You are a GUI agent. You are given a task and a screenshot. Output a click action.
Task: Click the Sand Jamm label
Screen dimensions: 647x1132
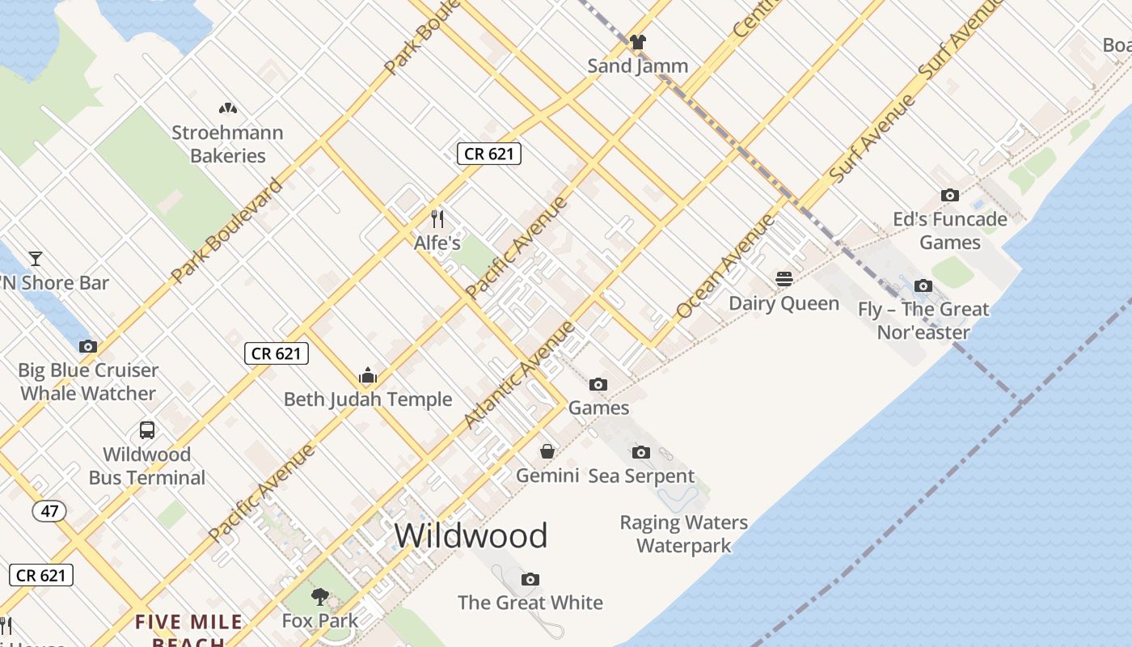point(638,66)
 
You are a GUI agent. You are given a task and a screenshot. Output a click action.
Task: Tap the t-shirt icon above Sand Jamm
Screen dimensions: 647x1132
point(638,42)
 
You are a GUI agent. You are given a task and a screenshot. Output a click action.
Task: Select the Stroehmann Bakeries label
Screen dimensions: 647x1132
point(227,144)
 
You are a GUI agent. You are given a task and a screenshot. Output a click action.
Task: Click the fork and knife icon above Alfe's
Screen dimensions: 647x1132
point(437,219)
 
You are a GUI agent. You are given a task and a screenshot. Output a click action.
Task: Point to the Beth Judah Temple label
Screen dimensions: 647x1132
point(368,400)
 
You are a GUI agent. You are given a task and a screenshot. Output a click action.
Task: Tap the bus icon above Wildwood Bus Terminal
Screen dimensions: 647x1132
point(147,430)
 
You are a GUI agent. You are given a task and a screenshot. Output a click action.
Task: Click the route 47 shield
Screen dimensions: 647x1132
point(49,511)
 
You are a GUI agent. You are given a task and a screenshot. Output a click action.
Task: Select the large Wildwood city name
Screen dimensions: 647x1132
point(471,535)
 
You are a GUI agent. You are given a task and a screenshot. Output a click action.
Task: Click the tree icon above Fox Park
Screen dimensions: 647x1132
point(320,597)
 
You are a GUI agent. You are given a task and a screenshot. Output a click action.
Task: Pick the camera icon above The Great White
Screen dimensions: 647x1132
point(530,579)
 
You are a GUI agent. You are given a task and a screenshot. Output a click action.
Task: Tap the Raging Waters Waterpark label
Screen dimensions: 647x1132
point(684,534)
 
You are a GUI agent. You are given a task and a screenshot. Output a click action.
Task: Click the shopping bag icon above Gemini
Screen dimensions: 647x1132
point(547,451)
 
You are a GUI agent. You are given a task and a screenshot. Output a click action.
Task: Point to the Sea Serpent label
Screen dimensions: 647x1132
point(641,476)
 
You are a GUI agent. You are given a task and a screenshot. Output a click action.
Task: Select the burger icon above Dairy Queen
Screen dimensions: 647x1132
point(784,280)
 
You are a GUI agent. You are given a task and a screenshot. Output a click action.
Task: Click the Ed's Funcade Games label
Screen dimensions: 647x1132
point(950,230)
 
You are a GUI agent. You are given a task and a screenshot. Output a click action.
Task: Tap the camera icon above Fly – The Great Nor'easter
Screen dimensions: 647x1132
point(923,285)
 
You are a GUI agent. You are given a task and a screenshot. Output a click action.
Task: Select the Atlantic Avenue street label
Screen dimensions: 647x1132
point(520,374)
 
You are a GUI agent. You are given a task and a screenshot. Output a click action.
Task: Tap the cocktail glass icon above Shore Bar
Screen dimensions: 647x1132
point(36,259)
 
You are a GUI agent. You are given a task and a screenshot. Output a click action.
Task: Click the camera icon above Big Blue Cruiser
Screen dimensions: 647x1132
point(87,346)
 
